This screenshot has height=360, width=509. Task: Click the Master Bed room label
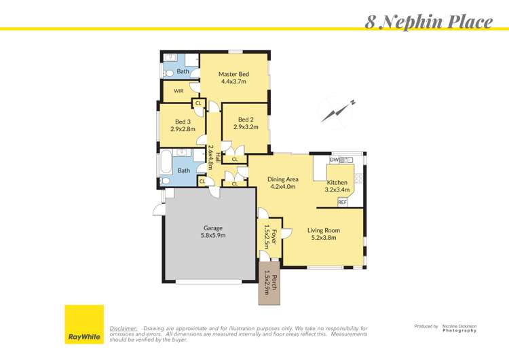[x=233, y=74]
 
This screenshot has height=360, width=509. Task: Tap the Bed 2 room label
[x=246, y=120]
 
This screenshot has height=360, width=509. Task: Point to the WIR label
[x=178, y=90]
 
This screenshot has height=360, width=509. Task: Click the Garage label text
[x=213, y=228]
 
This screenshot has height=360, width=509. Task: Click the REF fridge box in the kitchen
[x=342, y=202]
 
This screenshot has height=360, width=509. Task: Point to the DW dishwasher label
[x=333, y=160]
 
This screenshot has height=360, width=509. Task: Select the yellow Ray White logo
[x=84, y=324]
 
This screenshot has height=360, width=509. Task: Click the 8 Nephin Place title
[x=429, y=21]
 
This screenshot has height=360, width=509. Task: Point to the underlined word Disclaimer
[x=124, y=328]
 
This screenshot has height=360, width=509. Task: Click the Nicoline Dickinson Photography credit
[x=459, y=327]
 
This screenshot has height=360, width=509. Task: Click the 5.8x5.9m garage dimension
[x=213, y=236]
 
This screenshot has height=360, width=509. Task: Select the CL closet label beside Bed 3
[x=198, y=103]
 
